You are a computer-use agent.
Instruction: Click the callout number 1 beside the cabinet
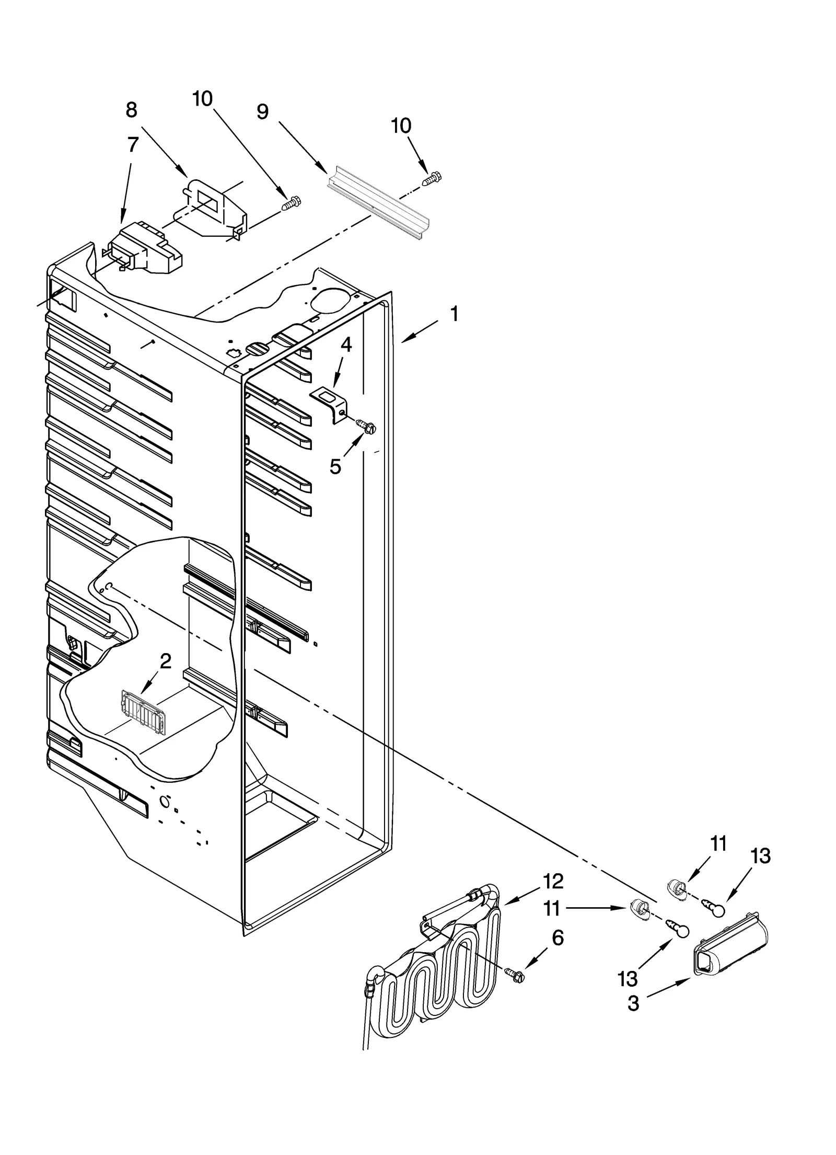click(x=454, y=315)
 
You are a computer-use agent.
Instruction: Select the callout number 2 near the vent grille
click(x=165, y=661)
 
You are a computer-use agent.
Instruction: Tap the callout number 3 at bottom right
click(x=633, y=1004)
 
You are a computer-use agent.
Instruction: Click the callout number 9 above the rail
click(x=263, y=111)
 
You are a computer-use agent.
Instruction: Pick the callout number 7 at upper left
click(x=133, y=145)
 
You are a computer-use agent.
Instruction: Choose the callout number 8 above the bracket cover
click(x=131, y=110)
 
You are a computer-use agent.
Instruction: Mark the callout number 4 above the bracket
click(x=346, y=345)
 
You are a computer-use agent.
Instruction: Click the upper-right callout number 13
click(x=760, y=856)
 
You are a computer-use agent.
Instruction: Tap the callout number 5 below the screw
click(x=335, y=466)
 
